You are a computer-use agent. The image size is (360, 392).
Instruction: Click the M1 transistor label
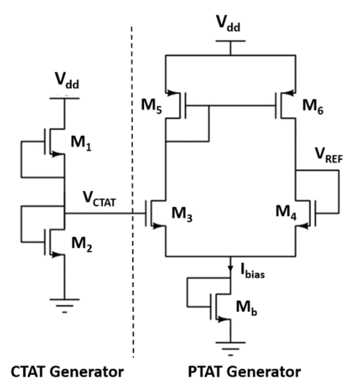81,143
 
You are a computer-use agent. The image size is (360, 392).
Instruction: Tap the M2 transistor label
82,244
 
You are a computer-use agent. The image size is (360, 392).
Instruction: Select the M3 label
182,214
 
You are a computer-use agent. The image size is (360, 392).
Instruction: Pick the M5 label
152,106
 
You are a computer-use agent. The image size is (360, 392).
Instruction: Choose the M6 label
312,106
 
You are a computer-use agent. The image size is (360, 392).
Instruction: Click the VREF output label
329,156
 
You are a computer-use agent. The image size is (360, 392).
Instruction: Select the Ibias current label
252,272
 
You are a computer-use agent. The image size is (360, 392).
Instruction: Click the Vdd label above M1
67,81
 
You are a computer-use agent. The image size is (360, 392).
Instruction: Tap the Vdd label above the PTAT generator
228,24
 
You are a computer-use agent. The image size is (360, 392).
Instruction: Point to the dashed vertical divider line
132,192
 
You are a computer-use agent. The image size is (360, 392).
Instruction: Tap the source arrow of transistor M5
172,93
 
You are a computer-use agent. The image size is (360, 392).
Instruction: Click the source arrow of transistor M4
303,226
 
